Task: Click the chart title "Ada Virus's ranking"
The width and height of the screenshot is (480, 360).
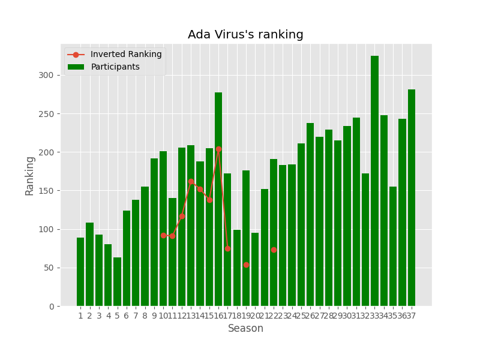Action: pos(245,35)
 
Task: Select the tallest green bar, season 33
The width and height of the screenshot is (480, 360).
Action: pos(374,180)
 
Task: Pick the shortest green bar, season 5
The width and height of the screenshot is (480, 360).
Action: pos(117,282)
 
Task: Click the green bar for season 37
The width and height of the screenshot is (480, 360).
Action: pos(412,198)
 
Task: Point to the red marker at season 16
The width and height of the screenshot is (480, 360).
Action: pos(218,149)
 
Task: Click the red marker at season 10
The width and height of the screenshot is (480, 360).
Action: pos(163,235)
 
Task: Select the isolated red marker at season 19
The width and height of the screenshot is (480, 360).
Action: pos(246,265)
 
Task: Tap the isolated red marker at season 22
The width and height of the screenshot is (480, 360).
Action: pos(274,250)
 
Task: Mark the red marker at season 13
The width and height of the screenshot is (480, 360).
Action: pos(191,181)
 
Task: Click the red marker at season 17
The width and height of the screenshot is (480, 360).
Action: pos(227,248)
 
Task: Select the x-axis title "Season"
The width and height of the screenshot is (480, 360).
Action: pos(245,329)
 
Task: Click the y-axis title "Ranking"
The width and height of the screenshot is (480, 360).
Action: pos(30,175)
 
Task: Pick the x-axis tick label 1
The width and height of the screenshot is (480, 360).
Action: pos(80,316)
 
